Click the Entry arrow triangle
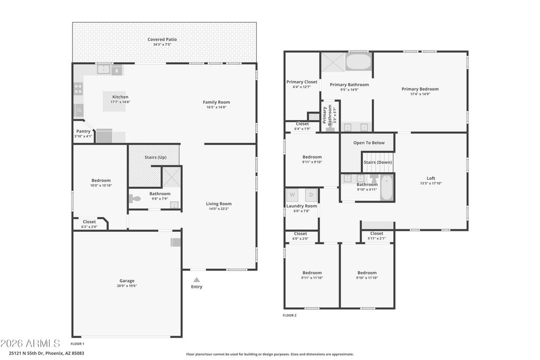(196, 280)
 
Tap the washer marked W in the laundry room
(292, 195)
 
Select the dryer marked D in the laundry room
(311, 195)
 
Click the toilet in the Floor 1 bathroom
(134, 199)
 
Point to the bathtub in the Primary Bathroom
(358, 62)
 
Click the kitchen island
(114, 101)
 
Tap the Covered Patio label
(162, 39)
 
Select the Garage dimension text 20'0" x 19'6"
(127, 286)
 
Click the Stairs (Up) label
(156, 157)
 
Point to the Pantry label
(83, 131)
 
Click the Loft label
(431, 178)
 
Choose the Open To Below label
(369, 143)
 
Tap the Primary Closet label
(302, 82)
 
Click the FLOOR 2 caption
(290, 315)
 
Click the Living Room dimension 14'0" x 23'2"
(219, 209)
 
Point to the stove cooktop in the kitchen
(79, 89)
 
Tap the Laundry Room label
(302, 206)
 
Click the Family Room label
(216, 102)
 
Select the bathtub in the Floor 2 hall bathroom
(387, 187)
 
